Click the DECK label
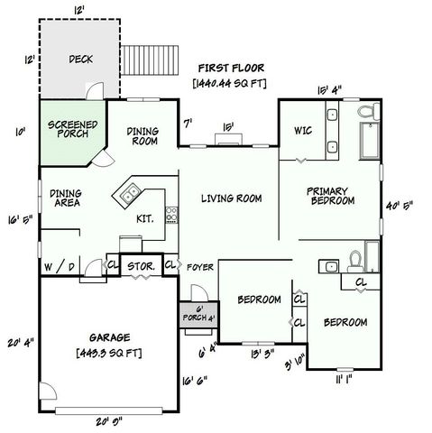[x=80, y=60]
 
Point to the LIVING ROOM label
[x=231, y=198]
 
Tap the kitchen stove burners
[x=171, y=216]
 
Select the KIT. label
[x=144, y=218]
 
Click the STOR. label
[x=140, y=267]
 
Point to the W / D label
[x=60, y=267]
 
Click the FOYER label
[x=199, y=267]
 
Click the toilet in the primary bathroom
[x=367, y=114]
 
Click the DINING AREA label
[x=68, y=198]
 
